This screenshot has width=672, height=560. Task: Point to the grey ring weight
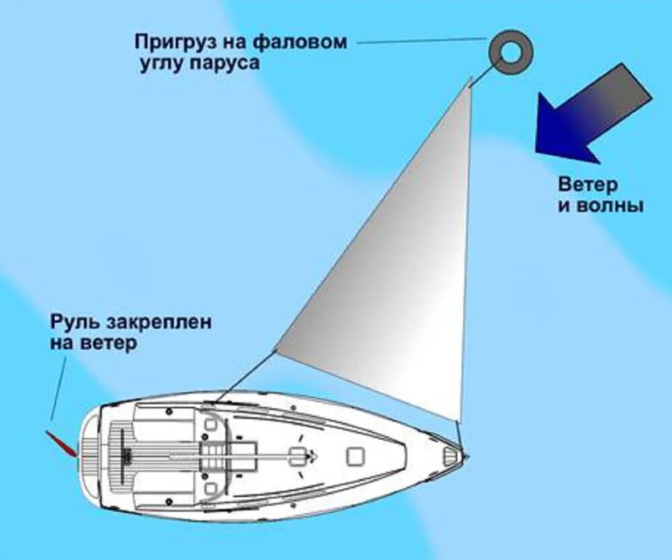click(509, 53)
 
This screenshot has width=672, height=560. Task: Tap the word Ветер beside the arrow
click(587, 184)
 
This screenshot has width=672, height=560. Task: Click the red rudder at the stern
click(59, 444)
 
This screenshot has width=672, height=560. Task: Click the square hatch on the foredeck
click(355, 456)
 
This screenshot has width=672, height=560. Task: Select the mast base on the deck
click(297, 456)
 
